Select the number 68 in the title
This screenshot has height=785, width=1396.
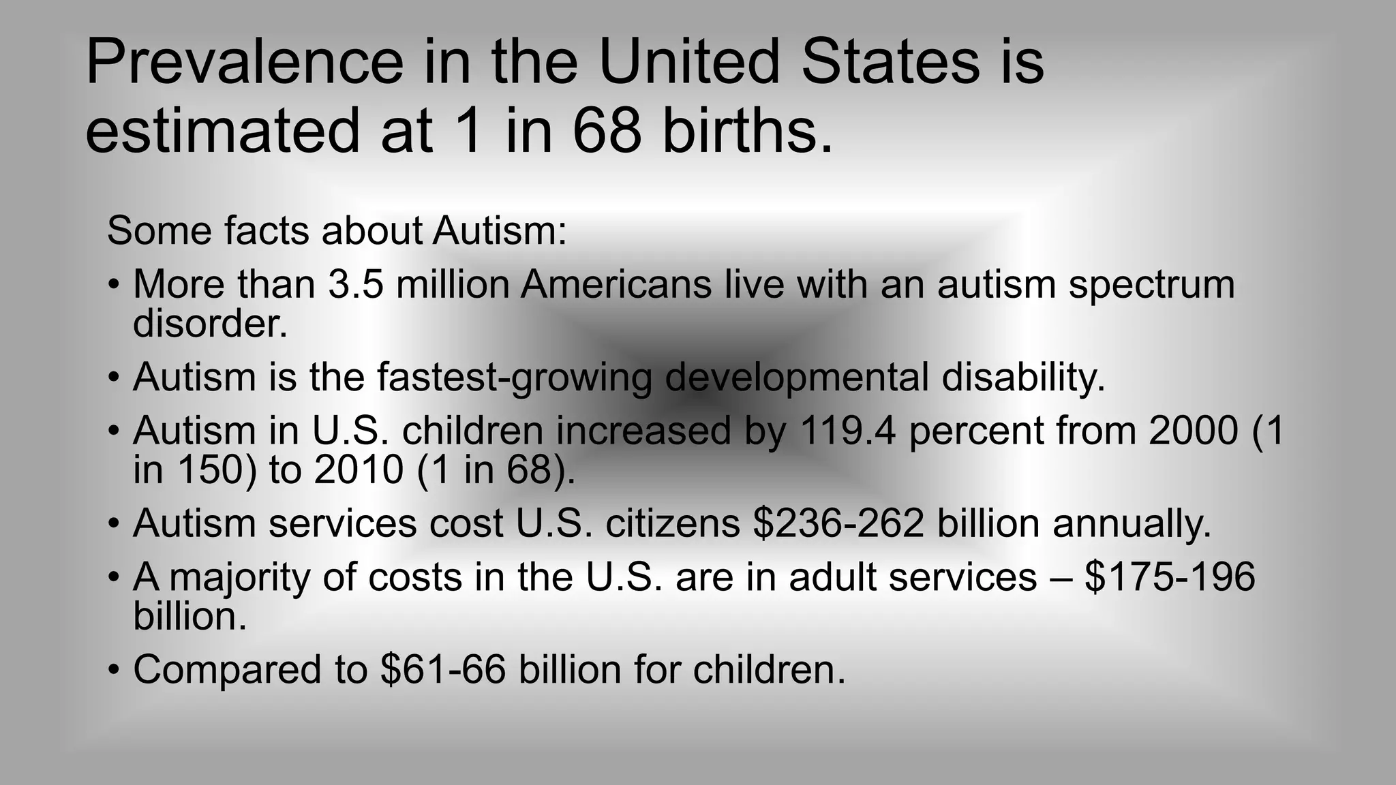coord(607,130)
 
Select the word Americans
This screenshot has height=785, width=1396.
coord(616,284)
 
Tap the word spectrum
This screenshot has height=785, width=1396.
coord(1151,284)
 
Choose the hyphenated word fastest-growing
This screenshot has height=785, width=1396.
coord(515,377)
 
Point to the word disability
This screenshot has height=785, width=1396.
coord(1023,377)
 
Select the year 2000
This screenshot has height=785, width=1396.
coord(1193,431)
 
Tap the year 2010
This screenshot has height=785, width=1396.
coord(359,470)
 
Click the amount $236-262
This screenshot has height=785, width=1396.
coord(838,523)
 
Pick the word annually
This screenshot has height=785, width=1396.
coord(1132,523)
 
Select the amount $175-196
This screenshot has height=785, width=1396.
coord(1170,577)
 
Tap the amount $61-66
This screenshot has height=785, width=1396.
coord(443,669)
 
